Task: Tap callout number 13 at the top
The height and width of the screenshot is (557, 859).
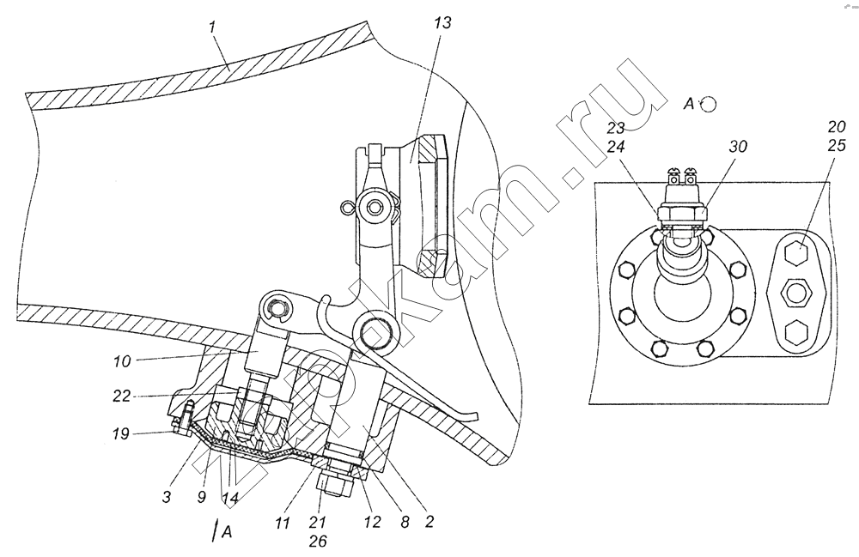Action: [442, 23]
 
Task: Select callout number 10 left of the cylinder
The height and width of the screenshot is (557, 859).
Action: [122, 361]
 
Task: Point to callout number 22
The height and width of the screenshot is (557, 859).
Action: [122, 396]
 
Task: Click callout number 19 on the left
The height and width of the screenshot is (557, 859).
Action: [120, 434]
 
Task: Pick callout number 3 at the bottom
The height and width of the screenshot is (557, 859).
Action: [167, 497]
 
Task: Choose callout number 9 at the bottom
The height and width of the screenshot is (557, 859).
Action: [202, 497]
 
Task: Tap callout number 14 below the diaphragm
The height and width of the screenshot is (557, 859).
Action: [230, 498]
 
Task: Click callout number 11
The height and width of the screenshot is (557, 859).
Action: [282, 523]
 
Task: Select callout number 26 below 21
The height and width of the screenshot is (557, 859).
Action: [318, 542]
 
